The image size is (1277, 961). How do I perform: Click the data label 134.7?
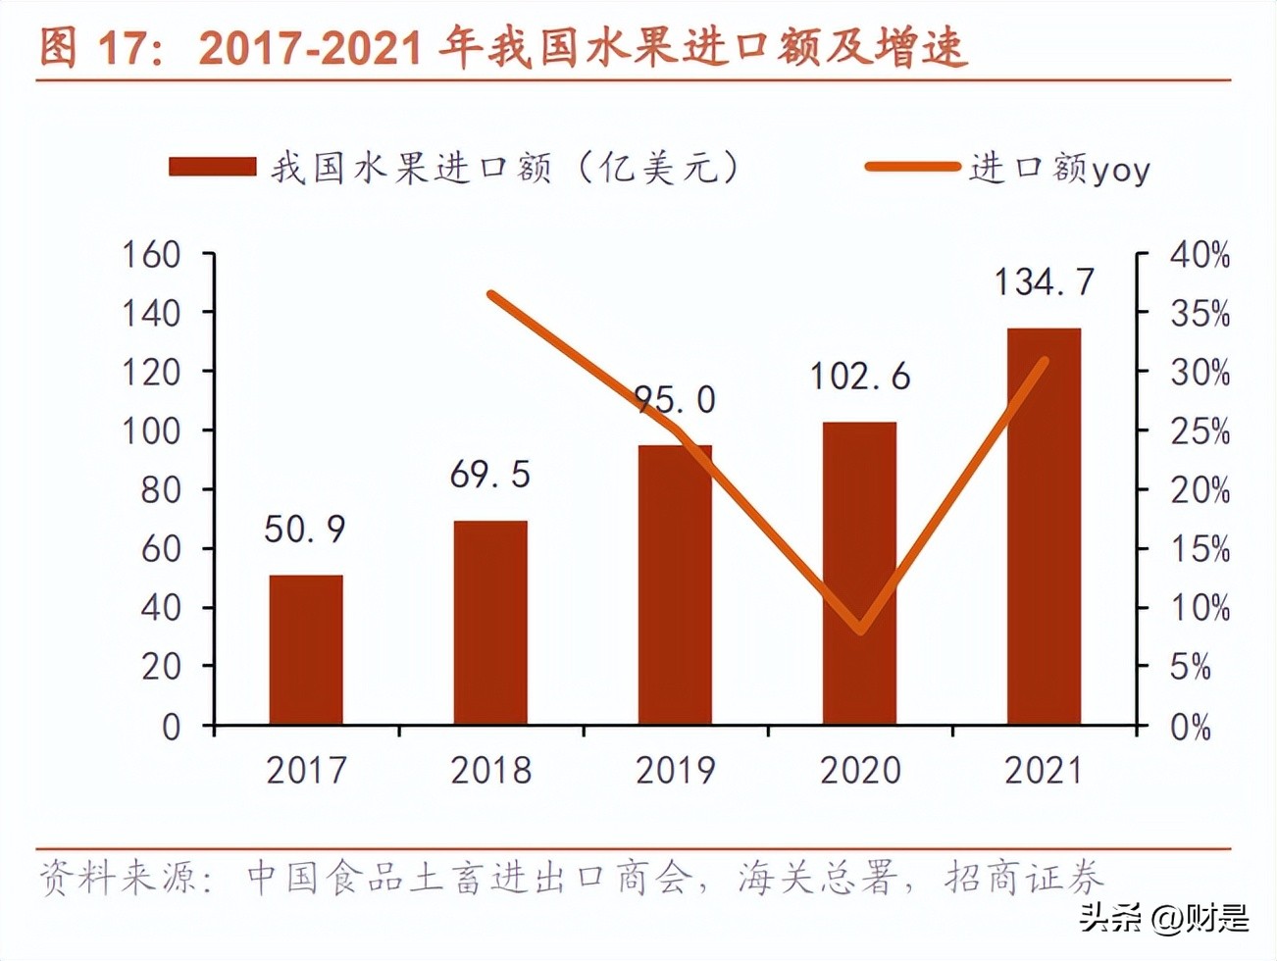point(1044,282)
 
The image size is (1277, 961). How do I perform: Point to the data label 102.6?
point(859,377)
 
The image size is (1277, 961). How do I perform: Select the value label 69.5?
point(490,475)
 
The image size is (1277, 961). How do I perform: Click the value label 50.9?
point(305,530)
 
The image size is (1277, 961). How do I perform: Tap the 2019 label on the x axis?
point(675,771)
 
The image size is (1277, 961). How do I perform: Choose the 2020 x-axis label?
point(859,771)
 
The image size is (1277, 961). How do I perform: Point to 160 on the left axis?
point(151,255)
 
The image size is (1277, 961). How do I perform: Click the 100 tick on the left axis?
point(151,430)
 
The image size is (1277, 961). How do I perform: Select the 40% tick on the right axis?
point(1199,256)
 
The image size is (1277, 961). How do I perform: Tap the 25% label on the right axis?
point(1199,431)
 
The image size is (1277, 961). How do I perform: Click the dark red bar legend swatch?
point(212,168)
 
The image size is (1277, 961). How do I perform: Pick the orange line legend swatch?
point(911,168)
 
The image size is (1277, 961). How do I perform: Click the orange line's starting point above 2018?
point(491,294)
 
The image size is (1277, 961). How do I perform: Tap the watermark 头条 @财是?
point(1164,918)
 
